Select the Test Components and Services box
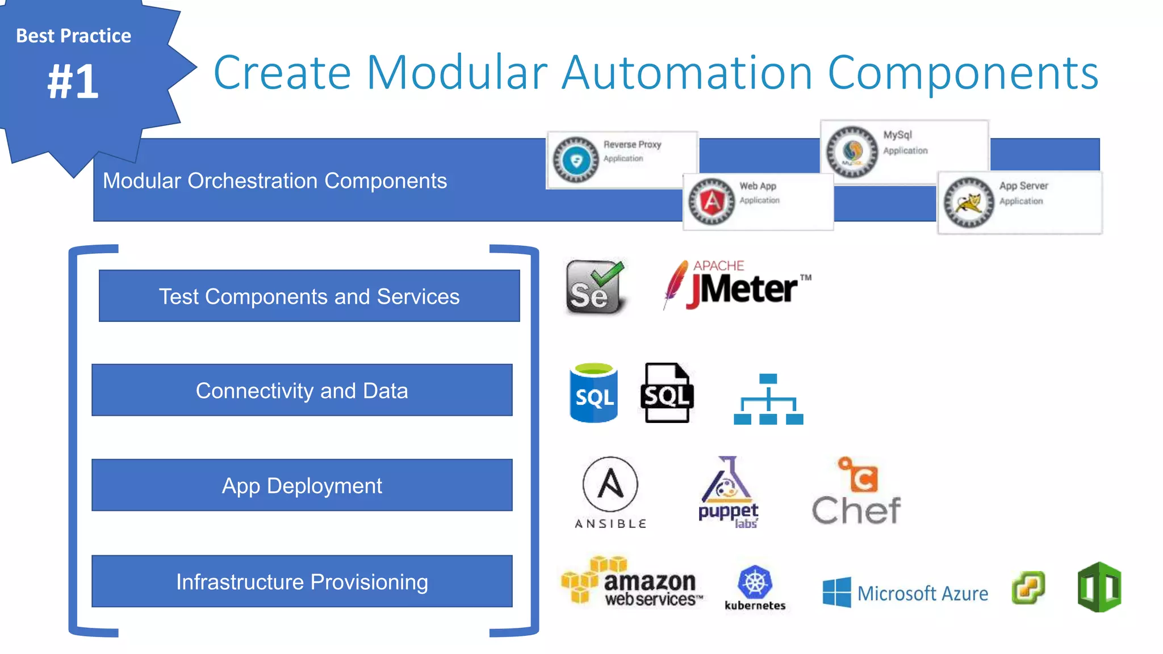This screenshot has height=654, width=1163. click(x=309, y=296)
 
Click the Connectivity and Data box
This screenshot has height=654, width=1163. click(x=302, y=390)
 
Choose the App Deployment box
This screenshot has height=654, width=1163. click(x=302, y=485)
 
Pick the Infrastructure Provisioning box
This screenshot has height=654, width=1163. click(x=302, y=581)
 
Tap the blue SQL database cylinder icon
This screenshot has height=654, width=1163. click(x=593, y=393)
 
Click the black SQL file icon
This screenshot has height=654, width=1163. click(x=667, y=393)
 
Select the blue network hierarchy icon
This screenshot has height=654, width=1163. click(x=768, y=399)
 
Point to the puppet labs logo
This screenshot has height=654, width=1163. click(x=728, y=492)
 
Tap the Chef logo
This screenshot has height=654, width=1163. click(x=856, y=492)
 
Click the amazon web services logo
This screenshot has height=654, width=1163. click(x=631, y=581)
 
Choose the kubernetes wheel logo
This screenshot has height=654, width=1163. click(x=755, y=582)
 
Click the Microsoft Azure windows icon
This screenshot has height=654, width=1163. click(x=836, y=592)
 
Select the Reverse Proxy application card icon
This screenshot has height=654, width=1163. click(x=576, y=160)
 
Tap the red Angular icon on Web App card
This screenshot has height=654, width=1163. click(x=711, y=201)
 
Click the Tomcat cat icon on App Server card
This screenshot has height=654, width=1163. click(x=968, y=203)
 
